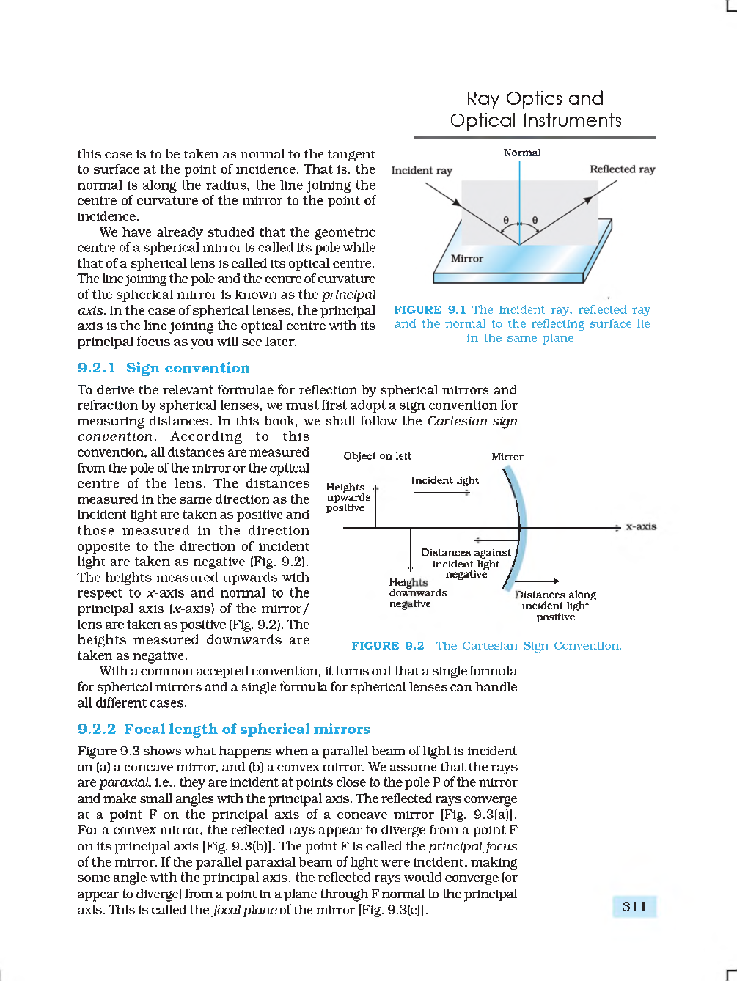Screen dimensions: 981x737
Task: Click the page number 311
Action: click(634, 906)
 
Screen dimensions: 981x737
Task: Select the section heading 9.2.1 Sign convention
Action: click(164, 368)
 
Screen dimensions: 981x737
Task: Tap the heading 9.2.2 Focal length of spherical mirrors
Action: click(224, 729)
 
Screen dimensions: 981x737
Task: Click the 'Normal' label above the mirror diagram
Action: click(522, 153)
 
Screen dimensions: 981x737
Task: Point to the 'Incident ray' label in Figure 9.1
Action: click(422, 170)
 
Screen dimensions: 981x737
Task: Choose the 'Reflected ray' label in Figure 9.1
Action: click(622, 169)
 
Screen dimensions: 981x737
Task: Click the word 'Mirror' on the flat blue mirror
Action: click(466, 259)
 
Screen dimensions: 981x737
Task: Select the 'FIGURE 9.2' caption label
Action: click(387, 646)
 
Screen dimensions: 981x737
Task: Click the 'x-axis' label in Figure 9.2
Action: click(641, 526)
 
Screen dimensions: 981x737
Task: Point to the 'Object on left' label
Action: click(377, 456)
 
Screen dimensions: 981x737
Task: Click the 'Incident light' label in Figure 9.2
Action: click(444, 480)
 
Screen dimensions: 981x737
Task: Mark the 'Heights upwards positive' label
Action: click(348, 497)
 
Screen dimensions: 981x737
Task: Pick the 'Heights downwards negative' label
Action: click(417, 593)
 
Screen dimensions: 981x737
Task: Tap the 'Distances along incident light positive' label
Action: click(555, 606)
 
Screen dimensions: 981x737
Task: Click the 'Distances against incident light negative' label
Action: click(466, 563)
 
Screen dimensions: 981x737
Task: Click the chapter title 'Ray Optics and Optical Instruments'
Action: click(535, 109)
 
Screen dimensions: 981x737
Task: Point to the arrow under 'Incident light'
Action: click(441, 493)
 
